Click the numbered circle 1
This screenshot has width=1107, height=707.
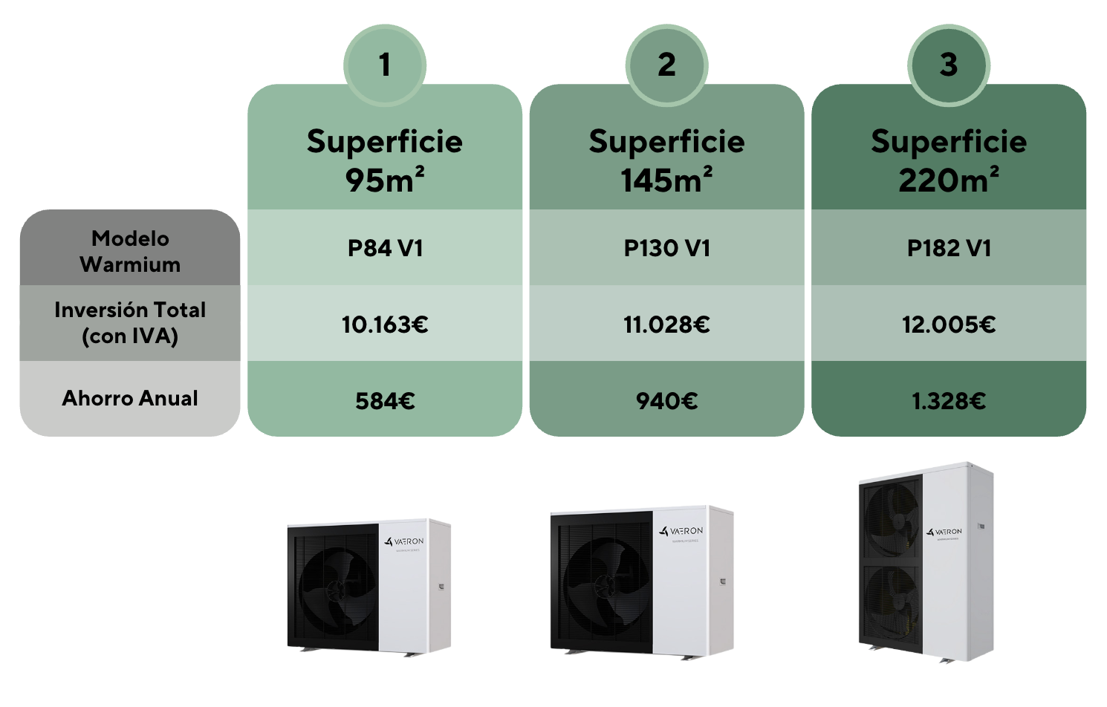[x=385, y=65]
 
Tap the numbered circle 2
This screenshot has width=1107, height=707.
[x=666, y=65]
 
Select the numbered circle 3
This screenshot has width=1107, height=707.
[x=949, y=65]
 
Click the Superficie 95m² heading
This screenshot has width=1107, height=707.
[x=385, y=160]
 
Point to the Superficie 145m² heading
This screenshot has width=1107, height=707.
[x=666, y=160]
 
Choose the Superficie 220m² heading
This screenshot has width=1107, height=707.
[x=949, y=160]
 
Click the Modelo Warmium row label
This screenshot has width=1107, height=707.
[x=130, y=251]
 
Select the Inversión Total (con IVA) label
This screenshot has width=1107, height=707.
[x=130, y=323]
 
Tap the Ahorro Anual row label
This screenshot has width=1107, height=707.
[x=130, y=399]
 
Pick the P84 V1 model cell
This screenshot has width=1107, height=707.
[x=385, y=248]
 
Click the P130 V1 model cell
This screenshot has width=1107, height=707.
[x=666, y=248]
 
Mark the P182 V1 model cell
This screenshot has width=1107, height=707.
[x=949, y=248]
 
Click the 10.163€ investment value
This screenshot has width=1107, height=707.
[x=385, y=325]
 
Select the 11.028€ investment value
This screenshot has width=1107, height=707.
[x=666, y=325]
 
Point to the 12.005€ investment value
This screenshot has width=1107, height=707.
[x=949, y=325]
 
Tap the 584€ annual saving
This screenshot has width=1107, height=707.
[x=385, y=401]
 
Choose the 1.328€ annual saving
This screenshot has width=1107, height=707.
[x=949, y=401]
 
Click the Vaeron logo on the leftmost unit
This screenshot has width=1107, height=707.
[x=405, y=541]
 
